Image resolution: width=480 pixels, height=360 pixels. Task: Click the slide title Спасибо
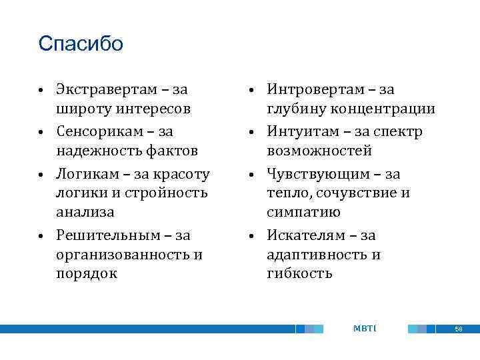81,44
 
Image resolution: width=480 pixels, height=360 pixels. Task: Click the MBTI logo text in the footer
364,328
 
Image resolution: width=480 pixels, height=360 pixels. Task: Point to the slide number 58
458,329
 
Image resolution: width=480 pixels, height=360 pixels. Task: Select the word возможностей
319,151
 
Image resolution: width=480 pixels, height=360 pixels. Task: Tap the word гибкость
299,274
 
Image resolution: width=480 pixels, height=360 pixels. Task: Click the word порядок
86,274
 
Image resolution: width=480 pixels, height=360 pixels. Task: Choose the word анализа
85,213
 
